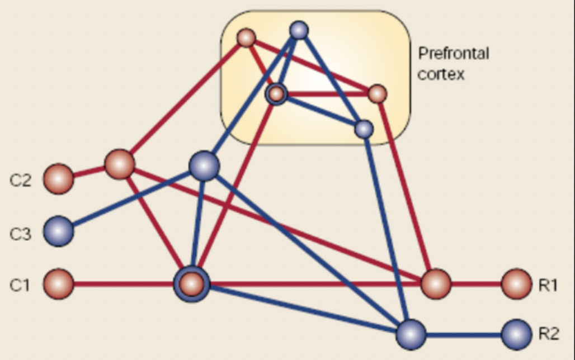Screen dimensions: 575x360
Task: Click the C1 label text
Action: tap(20, 285)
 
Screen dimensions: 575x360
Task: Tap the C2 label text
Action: tap(20, 181)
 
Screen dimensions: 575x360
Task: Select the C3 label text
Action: tap(20, 233)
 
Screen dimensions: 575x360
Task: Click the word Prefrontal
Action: tap(454, 54)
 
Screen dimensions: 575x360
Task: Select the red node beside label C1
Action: tap(58, 284)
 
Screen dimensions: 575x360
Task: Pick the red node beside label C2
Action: tap(58, 179)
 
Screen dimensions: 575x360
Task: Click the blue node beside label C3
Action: tap(58, 231)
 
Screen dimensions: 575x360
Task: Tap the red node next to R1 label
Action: tap(516, 284)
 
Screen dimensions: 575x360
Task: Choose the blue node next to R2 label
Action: tap(516, 334)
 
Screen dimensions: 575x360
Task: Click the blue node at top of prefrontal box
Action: tap(299, 30)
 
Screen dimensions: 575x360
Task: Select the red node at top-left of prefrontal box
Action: tap(246, 38)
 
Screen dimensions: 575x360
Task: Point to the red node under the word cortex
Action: tap(378, 93)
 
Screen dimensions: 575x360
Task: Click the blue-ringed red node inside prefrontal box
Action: tap(276, 94)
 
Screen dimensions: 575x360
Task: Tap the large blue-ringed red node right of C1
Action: tap(192, 284)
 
